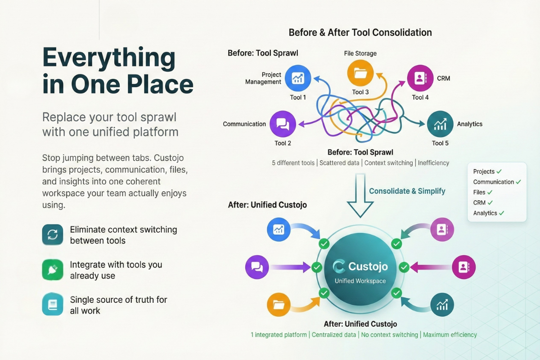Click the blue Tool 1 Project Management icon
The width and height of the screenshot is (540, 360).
tap(298, 78)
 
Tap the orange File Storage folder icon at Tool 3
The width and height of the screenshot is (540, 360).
tap(360, 73)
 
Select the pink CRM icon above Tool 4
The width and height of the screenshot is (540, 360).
tap(420, 78)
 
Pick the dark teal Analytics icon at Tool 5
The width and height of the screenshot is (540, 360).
tap(440, 124)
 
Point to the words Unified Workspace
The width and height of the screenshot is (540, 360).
tap(360, 281)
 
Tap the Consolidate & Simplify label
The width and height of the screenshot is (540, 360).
tap(407, 191)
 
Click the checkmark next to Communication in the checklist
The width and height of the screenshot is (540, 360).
tap(518, 182)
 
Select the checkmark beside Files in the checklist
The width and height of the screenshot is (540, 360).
tap(490, 192)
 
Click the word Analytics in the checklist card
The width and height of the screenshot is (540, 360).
tap(485, 213)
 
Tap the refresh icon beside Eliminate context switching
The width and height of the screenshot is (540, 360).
tap(53, 235)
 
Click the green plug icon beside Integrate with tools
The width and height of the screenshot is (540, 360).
tap(53, 270)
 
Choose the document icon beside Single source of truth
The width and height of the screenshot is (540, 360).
tap(53, 305)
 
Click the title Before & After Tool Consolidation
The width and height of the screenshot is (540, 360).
tap(360, 32)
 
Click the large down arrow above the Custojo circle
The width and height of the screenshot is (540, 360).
tap(360, 198)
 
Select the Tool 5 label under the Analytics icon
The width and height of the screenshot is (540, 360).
tap(440, 143)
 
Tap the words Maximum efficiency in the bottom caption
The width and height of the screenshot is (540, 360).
tap(450, 335)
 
